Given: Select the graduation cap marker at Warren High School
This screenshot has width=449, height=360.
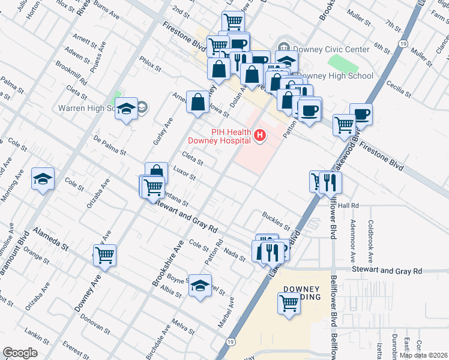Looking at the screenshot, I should click(126, 109).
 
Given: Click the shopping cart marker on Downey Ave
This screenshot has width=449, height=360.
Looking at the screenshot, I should click(104, 255).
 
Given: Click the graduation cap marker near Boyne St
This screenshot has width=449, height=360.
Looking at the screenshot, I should click(200, 286).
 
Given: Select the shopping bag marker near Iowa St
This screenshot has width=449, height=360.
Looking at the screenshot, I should click(197, 103).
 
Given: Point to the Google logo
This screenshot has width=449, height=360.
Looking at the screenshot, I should click(20, 353).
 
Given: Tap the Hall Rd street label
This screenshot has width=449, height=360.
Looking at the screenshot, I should click(348, 205).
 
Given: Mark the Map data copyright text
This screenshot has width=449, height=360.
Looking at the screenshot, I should click(423, 355).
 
